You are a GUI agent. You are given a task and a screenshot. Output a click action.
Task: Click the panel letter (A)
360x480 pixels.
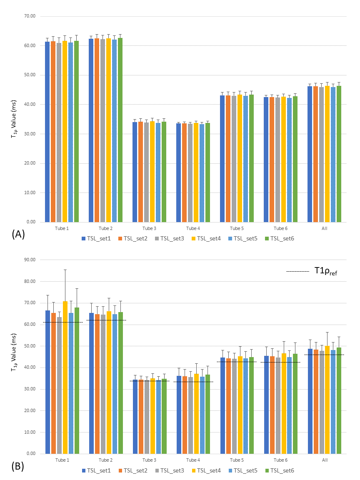18,234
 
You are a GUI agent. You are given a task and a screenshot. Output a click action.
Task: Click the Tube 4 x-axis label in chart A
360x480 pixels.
193,228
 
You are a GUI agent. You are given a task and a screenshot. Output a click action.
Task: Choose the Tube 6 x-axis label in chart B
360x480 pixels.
280,460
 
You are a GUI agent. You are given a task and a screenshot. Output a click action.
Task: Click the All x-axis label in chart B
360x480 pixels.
325,460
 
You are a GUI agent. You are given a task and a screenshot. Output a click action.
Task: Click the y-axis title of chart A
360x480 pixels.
15,119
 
